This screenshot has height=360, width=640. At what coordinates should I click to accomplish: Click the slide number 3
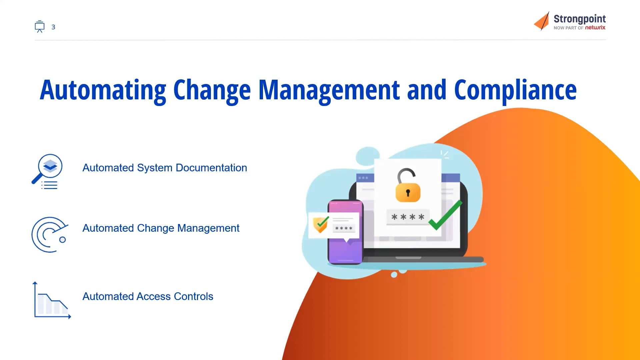coord(53,27)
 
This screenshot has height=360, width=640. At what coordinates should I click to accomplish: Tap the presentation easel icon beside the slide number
coord(40,27)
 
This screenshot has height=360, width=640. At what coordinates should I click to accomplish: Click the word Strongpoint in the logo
coord(579,19)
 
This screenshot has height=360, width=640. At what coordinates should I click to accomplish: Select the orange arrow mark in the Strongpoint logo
coord(542,21)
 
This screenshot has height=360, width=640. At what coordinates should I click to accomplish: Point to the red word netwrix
coord(595,28)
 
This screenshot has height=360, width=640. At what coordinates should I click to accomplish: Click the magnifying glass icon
coord(48,171)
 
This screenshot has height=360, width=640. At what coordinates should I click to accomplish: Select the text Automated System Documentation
coord(165,168)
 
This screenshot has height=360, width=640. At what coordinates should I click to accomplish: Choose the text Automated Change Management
coord(161,228)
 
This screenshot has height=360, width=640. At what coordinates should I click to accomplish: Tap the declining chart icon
coord(52,301)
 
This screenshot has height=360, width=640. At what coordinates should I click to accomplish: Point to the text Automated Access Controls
coord(148,296)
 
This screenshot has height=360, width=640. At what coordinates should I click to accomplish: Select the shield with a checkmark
coord(321,224)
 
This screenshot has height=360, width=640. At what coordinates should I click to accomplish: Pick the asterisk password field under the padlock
coord(408,217)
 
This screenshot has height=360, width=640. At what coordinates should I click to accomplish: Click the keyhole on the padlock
coord(408,193)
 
